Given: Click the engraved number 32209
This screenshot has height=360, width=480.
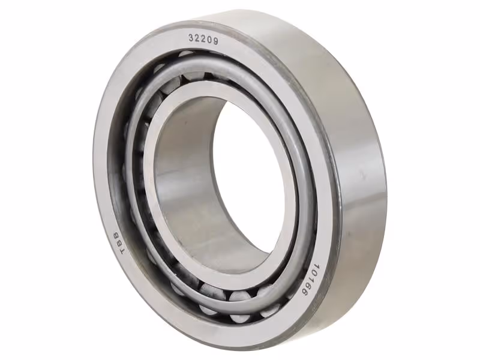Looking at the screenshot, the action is click(x=203, y=39).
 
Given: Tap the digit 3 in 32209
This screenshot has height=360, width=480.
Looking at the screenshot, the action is click(x=191, y=37).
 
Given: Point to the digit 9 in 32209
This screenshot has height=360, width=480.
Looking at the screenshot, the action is click(x=215, y=41).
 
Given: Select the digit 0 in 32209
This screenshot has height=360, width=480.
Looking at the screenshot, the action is click(x=209, y=40).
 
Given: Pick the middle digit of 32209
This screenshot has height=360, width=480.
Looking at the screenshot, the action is click(x=203, y=39).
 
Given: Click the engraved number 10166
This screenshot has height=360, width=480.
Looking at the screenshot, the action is click(x=309, y=278).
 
